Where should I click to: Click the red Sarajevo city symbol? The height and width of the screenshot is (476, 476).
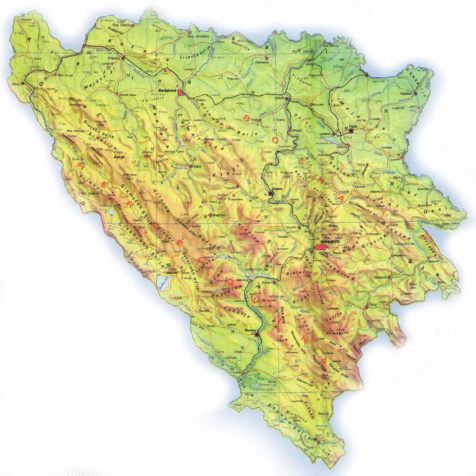tap(321, 247)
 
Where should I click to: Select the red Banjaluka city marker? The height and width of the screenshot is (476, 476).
tap(181, 93)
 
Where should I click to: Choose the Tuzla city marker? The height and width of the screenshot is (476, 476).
tap(351, 131)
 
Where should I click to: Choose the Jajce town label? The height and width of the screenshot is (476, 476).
tap(197, 165)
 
